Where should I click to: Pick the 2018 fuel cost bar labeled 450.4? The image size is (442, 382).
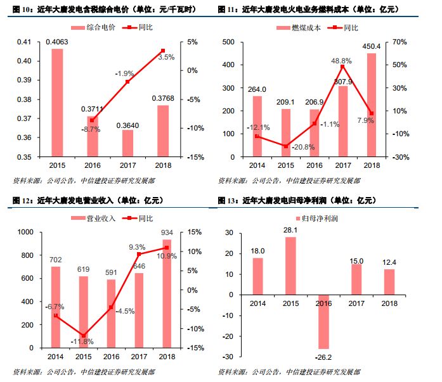(371, 105)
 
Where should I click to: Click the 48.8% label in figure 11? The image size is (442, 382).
(342, 60)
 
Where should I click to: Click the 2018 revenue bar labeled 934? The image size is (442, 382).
(167, 294)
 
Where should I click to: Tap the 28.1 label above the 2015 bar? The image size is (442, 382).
(290, 230)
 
